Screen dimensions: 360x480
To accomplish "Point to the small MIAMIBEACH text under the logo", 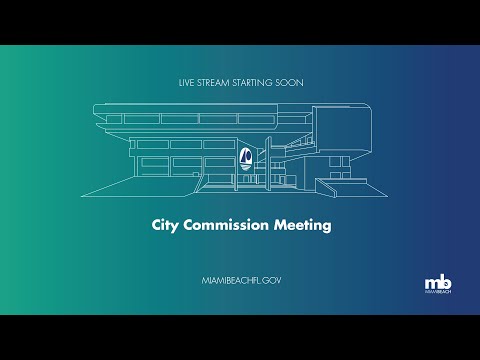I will [438, 292].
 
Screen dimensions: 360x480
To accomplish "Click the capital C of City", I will [156, 225].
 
